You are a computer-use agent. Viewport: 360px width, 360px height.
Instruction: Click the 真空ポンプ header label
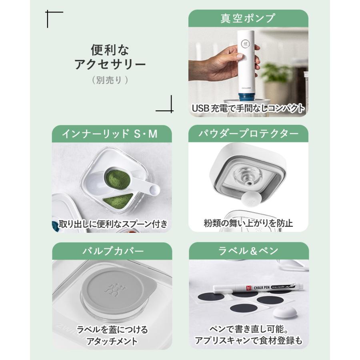point(248,18)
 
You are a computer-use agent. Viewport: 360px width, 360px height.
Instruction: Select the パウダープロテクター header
point(248,134)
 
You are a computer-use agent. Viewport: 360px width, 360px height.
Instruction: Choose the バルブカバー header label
point(112,251)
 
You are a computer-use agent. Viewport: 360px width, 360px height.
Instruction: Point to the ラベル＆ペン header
point(248,251)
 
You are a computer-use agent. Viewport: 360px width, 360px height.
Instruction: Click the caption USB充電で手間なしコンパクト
point(248,108)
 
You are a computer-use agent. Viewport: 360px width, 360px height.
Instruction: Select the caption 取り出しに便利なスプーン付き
point(113,224)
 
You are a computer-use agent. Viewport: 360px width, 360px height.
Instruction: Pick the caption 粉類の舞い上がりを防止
point(248,223)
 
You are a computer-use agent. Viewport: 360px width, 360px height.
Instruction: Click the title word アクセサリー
point(110,65)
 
